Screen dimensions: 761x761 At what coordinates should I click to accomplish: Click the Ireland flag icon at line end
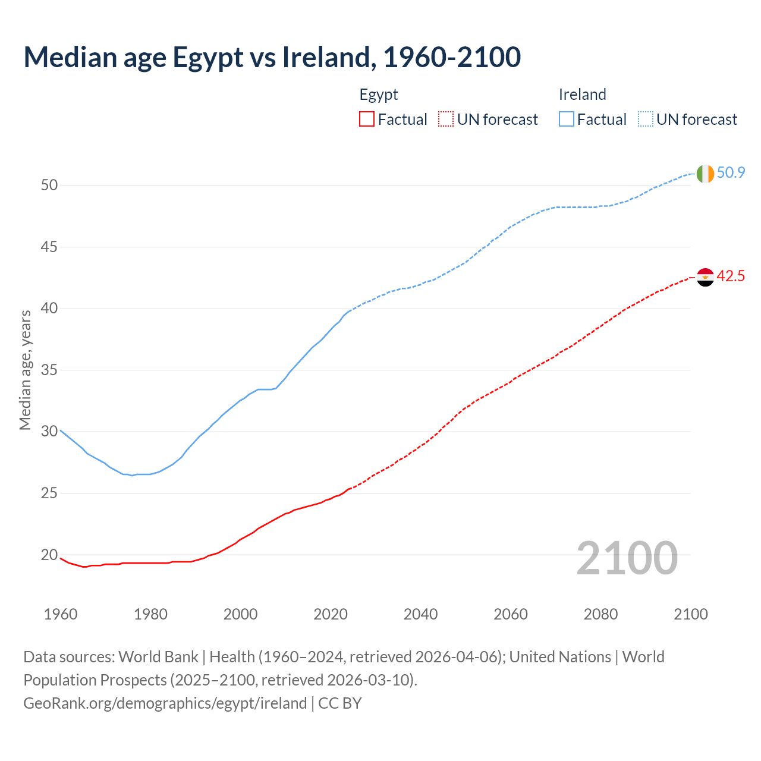coord(705,174)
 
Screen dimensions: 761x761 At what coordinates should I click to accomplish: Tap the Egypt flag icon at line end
coord(705,277)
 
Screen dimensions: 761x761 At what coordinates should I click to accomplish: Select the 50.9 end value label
coord(731,173)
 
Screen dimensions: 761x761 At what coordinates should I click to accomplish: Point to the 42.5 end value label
coord(731,276)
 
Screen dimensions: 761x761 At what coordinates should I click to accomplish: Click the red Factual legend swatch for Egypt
coord(367,120)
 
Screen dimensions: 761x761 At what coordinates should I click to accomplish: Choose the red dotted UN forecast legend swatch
coord(446,120)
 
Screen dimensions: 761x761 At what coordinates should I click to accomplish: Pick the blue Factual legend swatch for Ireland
coord(567,120)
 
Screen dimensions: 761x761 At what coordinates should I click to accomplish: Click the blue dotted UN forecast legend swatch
coord(646,120)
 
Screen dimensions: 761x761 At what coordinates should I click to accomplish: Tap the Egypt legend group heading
coord(379,95)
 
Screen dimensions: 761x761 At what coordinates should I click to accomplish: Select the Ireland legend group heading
coord(582,95)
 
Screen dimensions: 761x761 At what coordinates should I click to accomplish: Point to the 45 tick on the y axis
coord(49,247)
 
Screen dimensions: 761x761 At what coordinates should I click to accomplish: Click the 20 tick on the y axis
coord(49,555)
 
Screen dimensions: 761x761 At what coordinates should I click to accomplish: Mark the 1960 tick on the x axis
coord(61,614)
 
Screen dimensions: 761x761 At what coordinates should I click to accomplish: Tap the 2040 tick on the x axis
coord(420,614)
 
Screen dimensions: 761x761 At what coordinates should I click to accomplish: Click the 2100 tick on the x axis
coord(690,614)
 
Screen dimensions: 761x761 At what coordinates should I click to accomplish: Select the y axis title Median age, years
coord(25,370)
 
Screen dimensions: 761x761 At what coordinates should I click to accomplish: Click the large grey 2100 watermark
coord(627,558)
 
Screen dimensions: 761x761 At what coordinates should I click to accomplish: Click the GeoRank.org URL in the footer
coord(165,703)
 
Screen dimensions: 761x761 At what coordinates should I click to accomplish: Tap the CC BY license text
coord(340,703)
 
